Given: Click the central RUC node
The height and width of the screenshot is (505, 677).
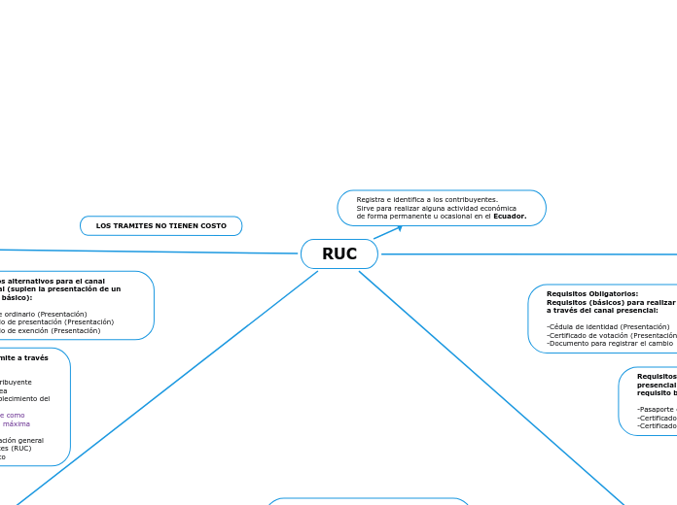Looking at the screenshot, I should point(338,254).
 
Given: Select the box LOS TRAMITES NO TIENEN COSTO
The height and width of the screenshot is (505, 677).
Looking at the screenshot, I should point(160,226).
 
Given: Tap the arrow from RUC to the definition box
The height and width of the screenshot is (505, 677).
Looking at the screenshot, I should point(387,232).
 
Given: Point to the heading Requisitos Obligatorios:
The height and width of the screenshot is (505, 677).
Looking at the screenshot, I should point(592,293).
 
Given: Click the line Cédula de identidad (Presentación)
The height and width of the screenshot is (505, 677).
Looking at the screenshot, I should point(608,327).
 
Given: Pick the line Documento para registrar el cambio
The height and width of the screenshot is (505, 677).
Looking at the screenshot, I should point(610,344).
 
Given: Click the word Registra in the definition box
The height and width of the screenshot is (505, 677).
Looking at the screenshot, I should point(372,199).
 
